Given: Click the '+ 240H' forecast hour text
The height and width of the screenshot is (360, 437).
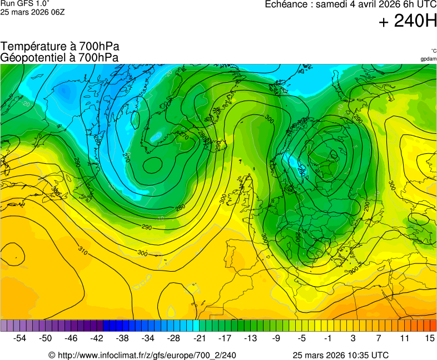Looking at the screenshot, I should click(x=408, y=21).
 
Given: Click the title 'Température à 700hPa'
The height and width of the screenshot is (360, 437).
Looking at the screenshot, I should click(x=60, y=47).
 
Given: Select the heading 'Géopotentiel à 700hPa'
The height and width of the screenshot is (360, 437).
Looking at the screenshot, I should click(x=59, y=57).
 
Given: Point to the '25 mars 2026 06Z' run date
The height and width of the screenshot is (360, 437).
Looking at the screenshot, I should click(x=32, y=12).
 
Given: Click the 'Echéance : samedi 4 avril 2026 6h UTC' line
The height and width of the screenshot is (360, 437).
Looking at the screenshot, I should click(x=350, y=4).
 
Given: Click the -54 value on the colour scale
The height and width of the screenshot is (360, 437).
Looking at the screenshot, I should click(x=20, y=338).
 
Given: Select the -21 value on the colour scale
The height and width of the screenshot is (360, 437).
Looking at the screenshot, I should click(x=198, y=338).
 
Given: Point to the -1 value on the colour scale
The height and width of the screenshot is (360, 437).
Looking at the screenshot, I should click(x=327, y=338).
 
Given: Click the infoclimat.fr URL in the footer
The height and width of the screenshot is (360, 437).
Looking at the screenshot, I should click(x=142, y=355).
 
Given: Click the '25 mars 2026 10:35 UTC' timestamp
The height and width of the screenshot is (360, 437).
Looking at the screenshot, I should click(x=340, y=355).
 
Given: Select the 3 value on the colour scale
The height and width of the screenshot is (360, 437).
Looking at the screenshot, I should click(x=353, y=338).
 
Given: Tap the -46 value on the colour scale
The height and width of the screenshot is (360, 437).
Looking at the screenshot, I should click(x=71, y=338).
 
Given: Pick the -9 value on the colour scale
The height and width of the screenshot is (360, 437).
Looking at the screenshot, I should click(x=276, y=338).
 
